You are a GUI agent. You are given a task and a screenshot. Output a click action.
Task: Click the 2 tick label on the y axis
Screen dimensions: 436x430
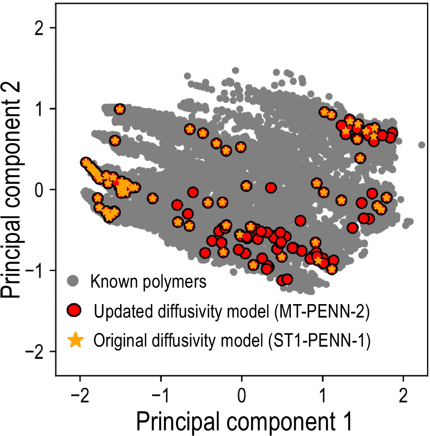(x=40, y=28)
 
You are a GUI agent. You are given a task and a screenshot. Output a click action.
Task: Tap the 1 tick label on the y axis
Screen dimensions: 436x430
(x=40, y=108)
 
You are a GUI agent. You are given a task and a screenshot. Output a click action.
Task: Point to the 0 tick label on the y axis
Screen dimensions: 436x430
(x=40, y=190)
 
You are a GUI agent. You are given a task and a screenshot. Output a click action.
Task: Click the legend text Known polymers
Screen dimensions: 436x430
(x=148, y=282)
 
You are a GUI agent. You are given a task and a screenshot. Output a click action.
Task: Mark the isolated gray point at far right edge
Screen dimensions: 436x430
(x=421, y=145)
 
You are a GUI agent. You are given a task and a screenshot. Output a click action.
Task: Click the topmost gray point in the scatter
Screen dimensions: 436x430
(x=235, y=70)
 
